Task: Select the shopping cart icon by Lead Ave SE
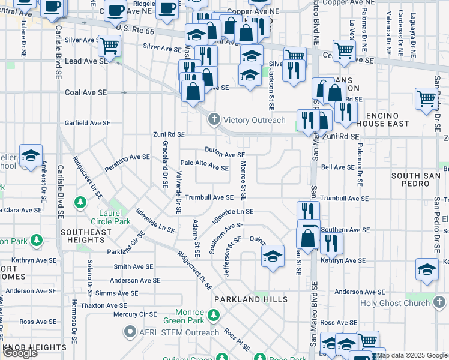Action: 109,46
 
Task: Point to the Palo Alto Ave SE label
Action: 204,166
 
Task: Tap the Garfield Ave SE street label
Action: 88,122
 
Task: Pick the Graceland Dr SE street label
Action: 164,164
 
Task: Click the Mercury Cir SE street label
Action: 134,314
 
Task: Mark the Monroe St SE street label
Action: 244,180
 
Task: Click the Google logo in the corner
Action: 20,353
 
